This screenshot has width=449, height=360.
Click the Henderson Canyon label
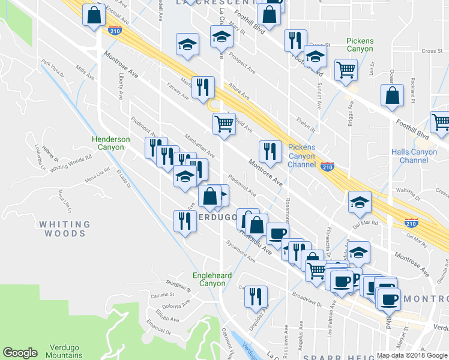click(110, 143)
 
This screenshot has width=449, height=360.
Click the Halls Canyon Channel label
click(414, 156)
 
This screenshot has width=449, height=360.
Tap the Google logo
click(20, 353)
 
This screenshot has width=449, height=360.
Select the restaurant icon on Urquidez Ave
click(256, 296)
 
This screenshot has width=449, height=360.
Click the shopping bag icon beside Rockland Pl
click(392, 97)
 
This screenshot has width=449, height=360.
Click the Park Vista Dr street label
click(53, 67)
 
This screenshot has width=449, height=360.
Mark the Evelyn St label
click(306, 125)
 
